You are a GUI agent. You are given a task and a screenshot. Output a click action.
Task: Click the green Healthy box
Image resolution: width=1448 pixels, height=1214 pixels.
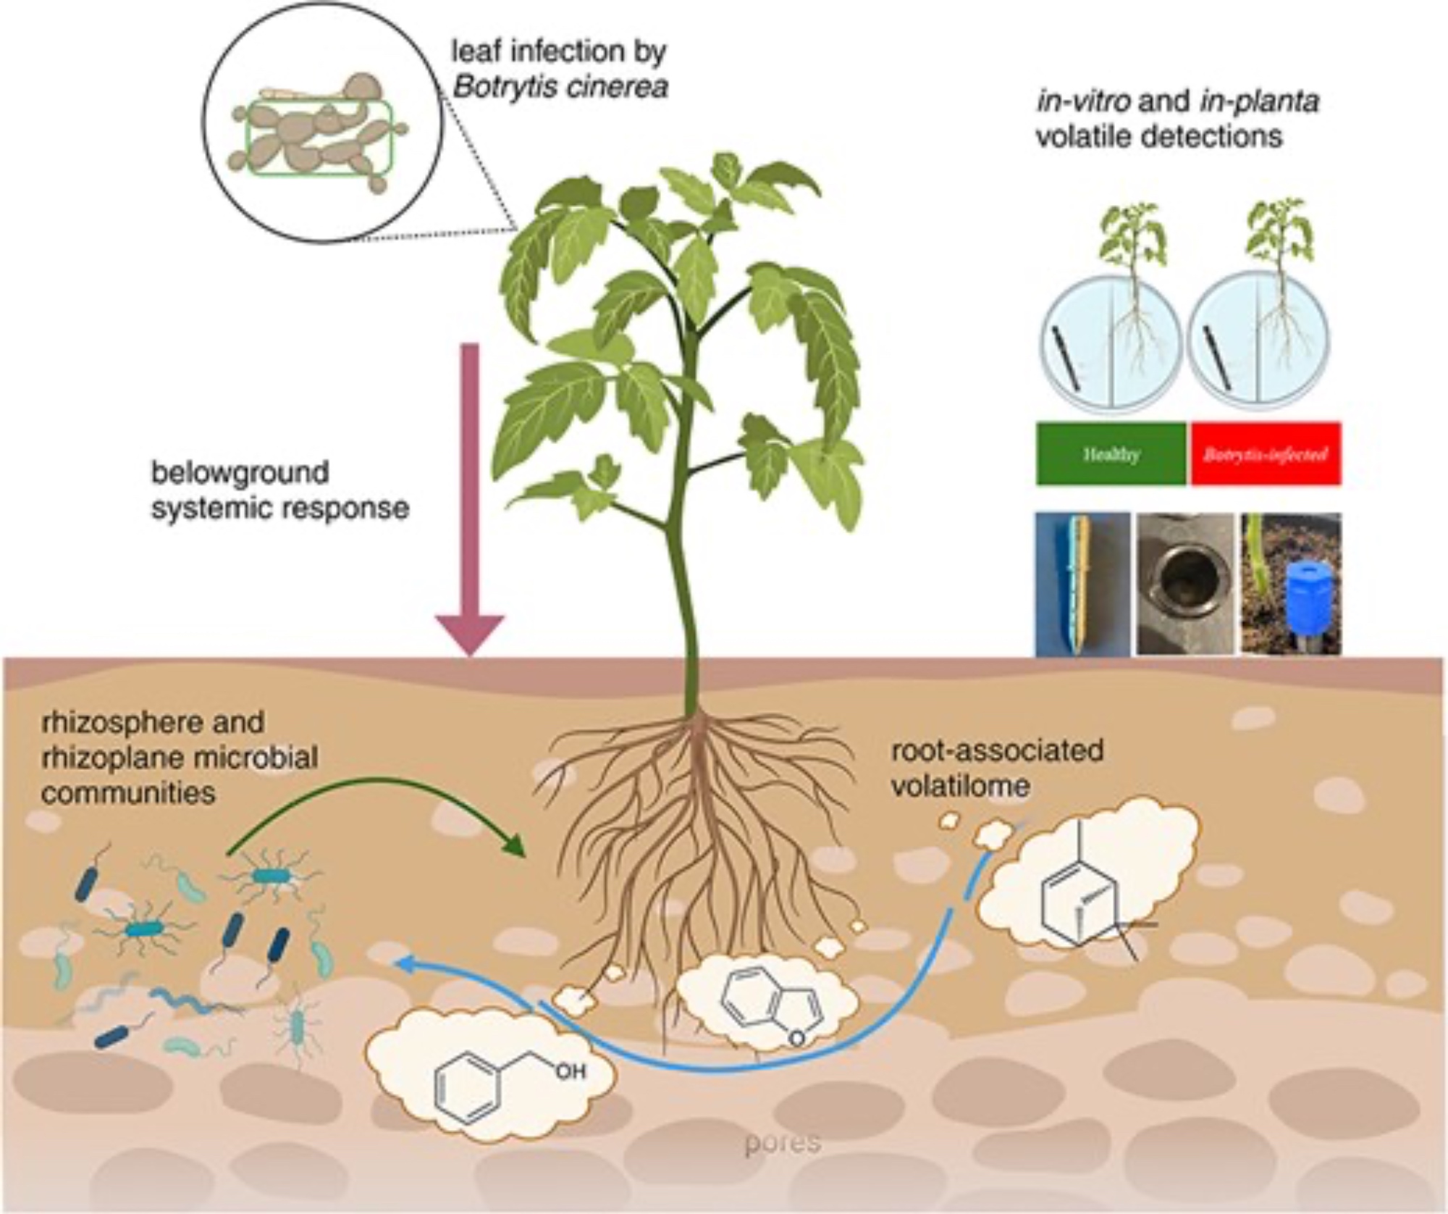pyautogui.click(x=1111, y=454)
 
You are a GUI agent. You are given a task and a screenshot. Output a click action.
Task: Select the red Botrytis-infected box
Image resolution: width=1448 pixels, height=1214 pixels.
pyautogui.click(x=1265, y=454)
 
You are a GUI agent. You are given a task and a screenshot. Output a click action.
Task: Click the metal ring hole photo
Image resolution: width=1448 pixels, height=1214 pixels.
pyautogui.click(x=1184, y=584)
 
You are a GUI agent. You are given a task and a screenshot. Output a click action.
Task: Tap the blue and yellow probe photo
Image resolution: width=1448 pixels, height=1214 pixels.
pyautogui.click(x=1082, y=584)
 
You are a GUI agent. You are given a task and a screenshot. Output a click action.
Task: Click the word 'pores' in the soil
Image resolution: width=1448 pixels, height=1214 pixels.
pyautogui.click(x=783, y=1142)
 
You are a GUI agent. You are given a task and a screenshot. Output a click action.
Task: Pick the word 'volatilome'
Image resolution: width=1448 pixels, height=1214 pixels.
pyautogui.click(x=960, y=786)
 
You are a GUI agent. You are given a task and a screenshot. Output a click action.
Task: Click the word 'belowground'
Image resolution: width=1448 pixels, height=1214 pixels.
pyautogui.click(x=240, y=472)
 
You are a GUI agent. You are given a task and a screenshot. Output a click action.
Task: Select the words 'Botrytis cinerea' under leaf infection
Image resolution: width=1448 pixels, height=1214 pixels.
pyautogui.click(x=560, y=88)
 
